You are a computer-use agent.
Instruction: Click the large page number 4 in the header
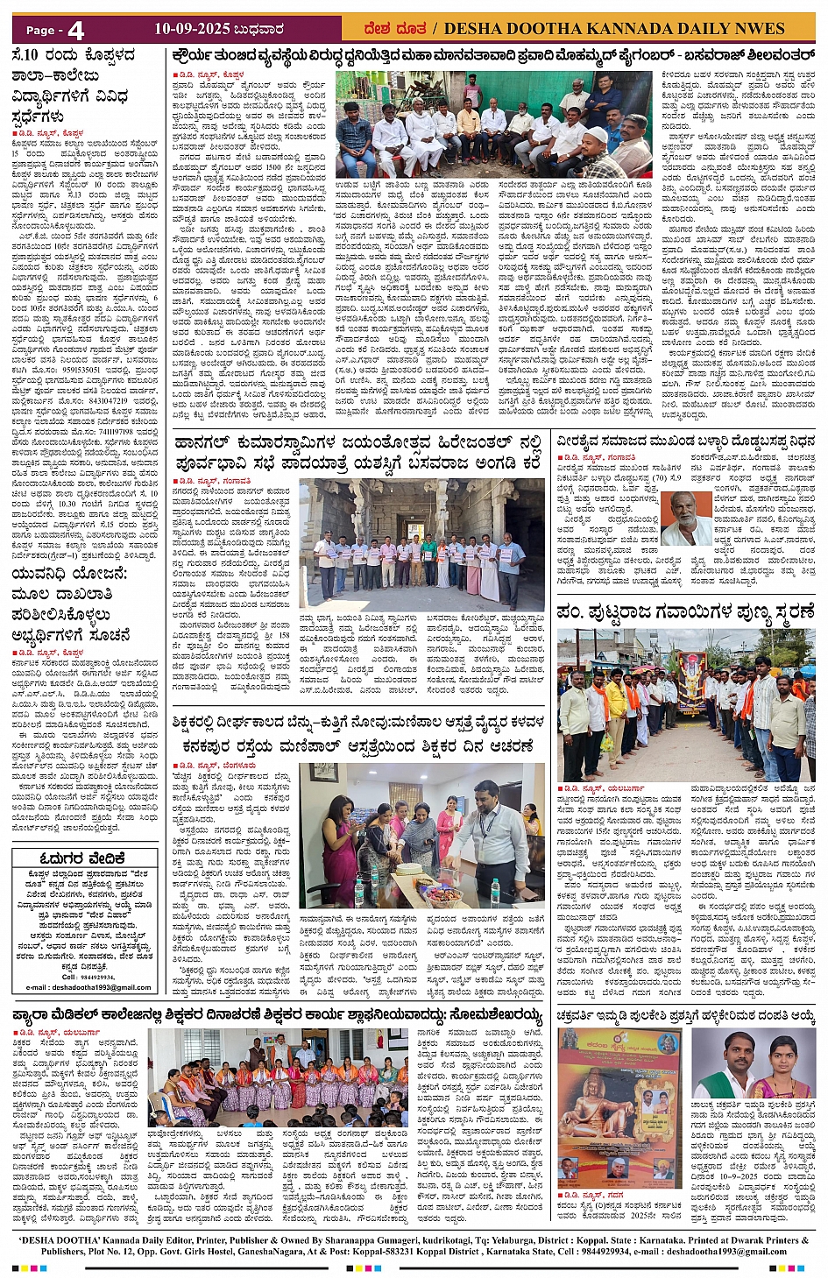(x=75, y=30)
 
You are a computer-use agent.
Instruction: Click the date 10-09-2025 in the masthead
(x=191, y=29)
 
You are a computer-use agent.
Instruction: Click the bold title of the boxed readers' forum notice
(x=82, y=858)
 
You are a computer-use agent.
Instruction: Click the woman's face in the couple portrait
(x=786, y=1057)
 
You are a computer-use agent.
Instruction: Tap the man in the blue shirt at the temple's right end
(x=512, y=561)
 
